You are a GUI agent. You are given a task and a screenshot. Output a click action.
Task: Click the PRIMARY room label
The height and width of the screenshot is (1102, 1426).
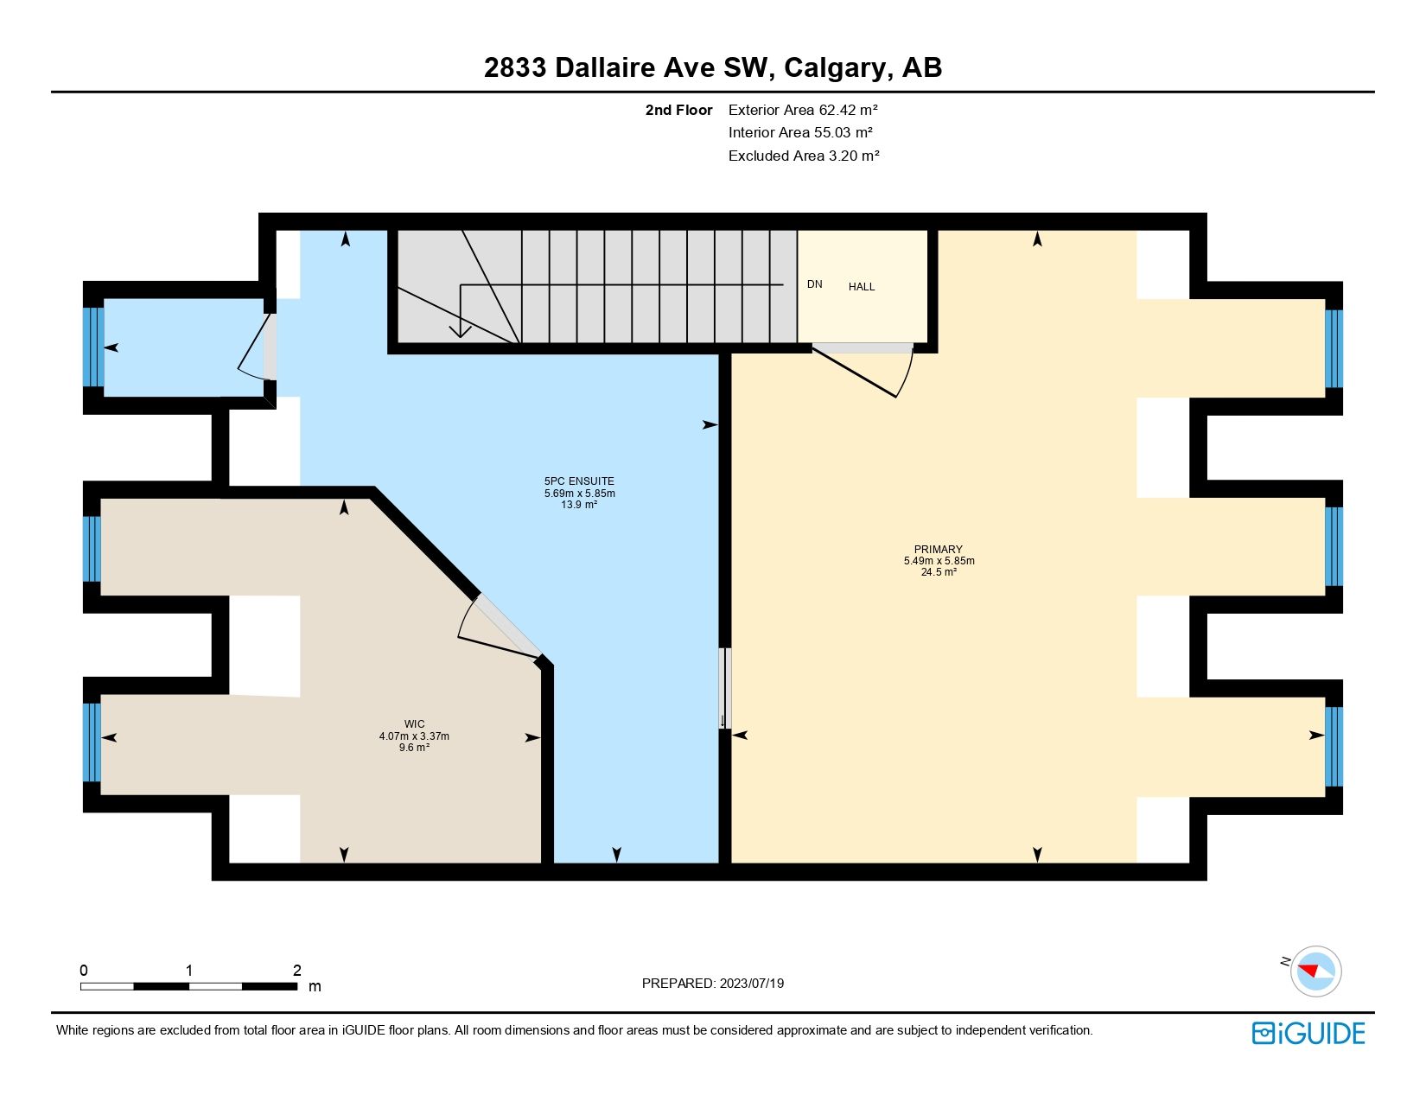pyautogui.click(x=938, y=549)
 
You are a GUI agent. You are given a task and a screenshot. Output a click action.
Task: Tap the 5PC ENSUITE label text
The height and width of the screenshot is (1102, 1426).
pyautogui.click(x=579, y=481)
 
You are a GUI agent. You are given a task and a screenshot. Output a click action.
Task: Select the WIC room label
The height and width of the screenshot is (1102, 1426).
pyautogui.click(x=414, y=724)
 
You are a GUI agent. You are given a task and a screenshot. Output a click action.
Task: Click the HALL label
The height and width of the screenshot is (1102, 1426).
pyautogui.click(x=862, y=287)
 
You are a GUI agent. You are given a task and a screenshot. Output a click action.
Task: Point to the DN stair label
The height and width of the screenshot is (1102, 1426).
pyautogui.click(x=814, y=284)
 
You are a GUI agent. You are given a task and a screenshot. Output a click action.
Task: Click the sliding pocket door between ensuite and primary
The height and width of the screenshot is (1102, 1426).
pyautogui.click(x=725, y=688)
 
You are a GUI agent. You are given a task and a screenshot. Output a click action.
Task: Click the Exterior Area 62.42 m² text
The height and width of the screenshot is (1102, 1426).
pyautogui.click(x=803, y=110)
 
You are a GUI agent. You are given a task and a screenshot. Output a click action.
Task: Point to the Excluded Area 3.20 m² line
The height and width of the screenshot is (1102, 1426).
pyautogui.click(x=803, y=156)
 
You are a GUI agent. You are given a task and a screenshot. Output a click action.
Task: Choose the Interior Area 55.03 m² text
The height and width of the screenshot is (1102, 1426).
pyautogui.click(x=799, y=132)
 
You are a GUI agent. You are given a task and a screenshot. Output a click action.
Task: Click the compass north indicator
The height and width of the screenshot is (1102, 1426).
pyautogui.click(x=1315, y=971)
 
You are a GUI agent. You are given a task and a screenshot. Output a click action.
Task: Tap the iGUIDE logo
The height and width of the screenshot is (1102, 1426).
pyautogui.click(x=1308, y=1033)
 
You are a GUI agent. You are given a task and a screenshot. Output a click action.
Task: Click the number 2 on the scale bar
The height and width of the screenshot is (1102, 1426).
pyautogui.click(x=296, y=970)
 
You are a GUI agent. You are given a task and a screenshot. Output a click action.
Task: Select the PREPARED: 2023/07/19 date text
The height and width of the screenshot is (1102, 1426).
pyautogui.click(x=712, y=983)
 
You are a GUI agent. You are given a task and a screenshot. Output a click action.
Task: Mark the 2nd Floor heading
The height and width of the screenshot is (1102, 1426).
pyautogui.click(x=678, y=110)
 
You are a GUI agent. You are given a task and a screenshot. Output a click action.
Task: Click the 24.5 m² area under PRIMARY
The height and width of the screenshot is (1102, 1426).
pyautogui.click(x=938, y=572)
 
